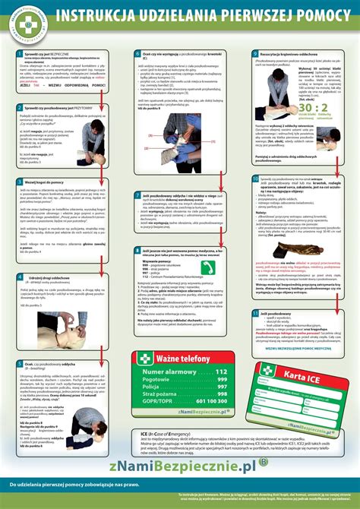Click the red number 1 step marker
[x=17, y=55]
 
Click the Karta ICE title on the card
[x=298, y=378]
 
